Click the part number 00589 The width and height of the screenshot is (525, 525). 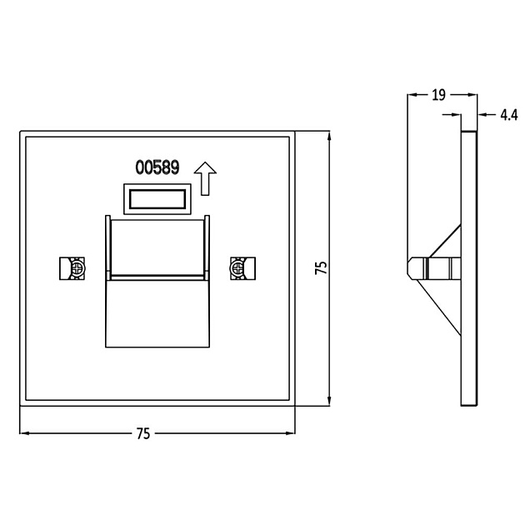click(x=157, y=168)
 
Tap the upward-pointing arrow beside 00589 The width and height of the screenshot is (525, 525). click(x=205, y=177)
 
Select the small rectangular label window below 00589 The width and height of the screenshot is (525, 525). click(x=159, y=199)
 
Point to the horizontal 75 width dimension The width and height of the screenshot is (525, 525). click(x=142, y=433)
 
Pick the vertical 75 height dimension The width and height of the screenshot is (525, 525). click(x=322, y=267)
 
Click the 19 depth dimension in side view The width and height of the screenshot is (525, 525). click(x=438, y=95)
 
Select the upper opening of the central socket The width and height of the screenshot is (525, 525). click(x=157, y=246)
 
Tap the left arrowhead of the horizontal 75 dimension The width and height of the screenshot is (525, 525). click(x=23, y=433)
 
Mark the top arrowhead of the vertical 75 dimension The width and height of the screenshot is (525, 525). click(x=330, y=136)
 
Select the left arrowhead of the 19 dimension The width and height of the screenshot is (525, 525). click(x=411, y=95)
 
